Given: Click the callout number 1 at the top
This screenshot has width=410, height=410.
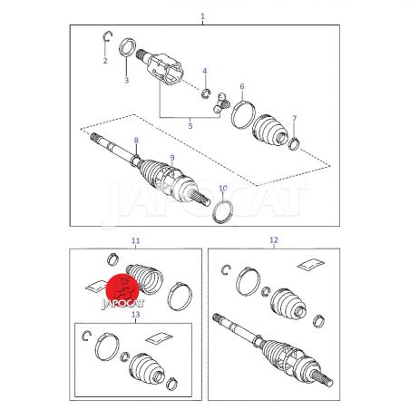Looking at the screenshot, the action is click(202, 16).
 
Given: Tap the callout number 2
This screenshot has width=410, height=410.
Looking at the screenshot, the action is click(105, 61).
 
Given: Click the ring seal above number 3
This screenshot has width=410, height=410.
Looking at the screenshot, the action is click(126, 47).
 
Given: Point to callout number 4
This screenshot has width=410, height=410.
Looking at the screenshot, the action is click(205, 71).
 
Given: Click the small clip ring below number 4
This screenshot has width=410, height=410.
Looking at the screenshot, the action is click(206, 94).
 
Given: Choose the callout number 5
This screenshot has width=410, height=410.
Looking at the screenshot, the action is click(190, 126).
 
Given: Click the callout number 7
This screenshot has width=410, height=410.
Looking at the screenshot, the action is click(295, 119).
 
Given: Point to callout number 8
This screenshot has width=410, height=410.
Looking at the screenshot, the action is click(136, 141).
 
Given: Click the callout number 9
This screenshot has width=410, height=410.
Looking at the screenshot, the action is click(172, 158).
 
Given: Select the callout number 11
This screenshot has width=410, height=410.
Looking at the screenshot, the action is click(135, 240).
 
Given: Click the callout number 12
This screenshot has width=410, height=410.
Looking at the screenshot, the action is click(274, 240).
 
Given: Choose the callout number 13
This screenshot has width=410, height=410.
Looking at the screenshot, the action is click(136, 315).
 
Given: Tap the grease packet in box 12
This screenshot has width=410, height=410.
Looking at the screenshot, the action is click(311, 264).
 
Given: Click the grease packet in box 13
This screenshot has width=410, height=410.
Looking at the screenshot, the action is click(159, 339).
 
